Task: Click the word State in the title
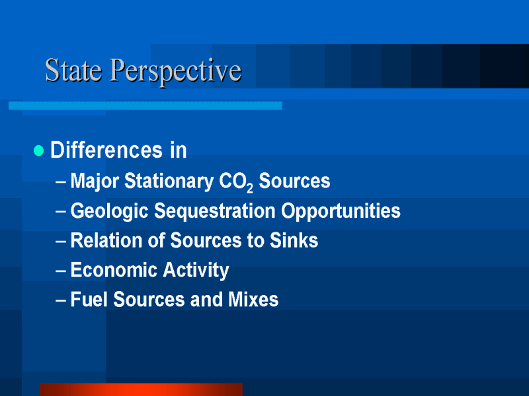click(73, 70)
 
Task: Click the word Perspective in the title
click(176, 72)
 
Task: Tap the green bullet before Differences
click(39, 150)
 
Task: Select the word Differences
click(106, 150)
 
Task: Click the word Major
click(95, 181)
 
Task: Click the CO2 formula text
click(236, 182)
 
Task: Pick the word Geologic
click(109, 211)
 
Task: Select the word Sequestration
click(215, 211)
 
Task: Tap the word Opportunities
click(341, 211)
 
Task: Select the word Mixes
click(253, 300)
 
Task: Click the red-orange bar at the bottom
click(141, 389)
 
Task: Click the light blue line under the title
click(145, 106)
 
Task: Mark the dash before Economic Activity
click(61, 271)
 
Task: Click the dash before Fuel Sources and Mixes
click(61, 300)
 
